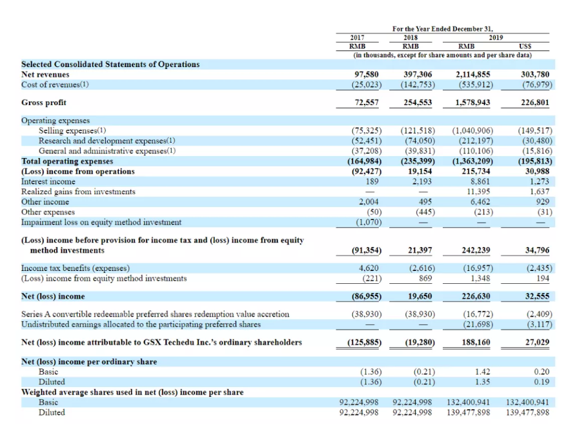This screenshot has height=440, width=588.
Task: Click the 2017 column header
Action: pos(357,37)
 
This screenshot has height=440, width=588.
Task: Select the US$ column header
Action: pos(525,46)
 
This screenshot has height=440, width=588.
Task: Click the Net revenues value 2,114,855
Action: pos(473,75)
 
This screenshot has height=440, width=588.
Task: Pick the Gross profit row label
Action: pos(44,103)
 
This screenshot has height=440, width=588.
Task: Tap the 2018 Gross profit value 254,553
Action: pos(418,103)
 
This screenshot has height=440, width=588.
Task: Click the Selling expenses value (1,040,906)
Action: pos(472,131)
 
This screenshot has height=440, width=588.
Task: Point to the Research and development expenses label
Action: pos(107,141)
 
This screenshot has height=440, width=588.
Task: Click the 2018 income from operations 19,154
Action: pos(420,171)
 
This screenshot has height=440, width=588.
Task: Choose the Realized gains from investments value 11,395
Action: pos(480,192)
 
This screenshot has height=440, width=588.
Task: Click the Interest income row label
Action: pos(48,181)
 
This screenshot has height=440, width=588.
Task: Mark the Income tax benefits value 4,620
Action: pos(369,268)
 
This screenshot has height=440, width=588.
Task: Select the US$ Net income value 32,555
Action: pos(537,297)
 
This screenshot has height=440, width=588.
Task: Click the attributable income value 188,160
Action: pos(476,343)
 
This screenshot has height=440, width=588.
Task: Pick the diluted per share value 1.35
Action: pos(482,382)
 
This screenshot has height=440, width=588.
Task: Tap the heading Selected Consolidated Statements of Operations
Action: pos(110,65)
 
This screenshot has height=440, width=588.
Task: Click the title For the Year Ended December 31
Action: pos(443,29)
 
